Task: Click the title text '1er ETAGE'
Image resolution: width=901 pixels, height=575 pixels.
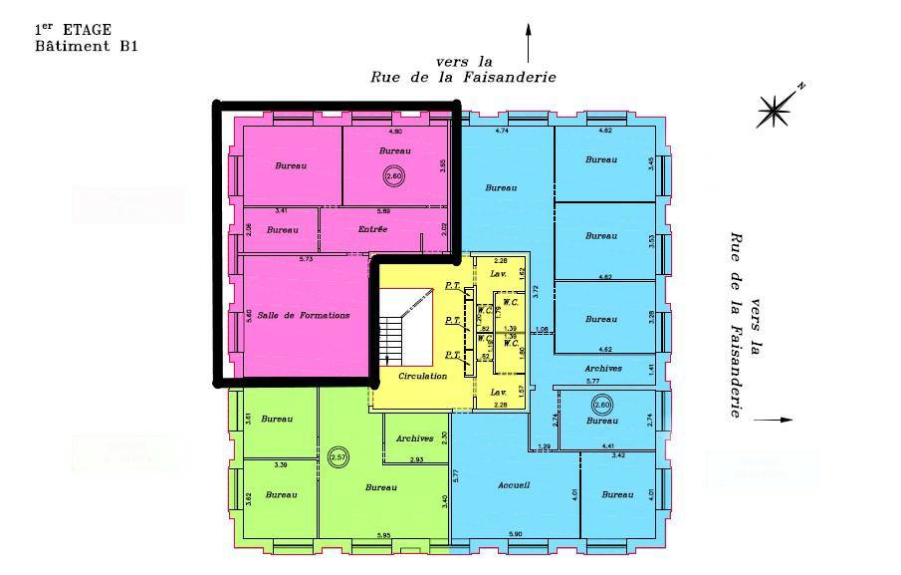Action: pyautogui.click(x=73, y=30)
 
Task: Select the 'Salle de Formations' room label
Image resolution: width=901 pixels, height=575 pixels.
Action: pyautogui.click(x=304, y=315)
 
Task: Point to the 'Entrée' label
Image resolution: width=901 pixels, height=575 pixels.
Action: pyautogui.click(x=372, y=229)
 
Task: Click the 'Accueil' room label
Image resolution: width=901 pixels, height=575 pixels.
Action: pyautogui.click(x=513, y=485)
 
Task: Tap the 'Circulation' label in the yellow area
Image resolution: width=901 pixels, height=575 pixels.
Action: pyautogui.click(x=422, y=377)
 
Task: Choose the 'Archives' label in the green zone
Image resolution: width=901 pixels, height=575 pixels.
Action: pyautogui.click(x=413, y=438)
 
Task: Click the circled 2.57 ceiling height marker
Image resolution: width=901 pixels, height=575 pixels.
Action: pyautogui.click(x=338, y=456)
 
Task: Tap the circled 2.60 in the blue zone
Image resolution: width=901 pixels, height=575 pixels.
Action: pyautogui.click(x=601, y=405)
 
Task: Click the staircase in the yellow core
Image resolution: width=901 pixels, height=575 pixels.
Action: pyautogui.click(x=403, y=328)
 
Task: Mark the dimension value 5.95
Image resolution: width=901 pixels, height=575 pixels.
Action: pyautogui.click(x=383, y=536)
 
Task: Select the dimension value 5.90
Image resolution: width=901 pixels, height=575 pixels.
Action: pyautogui.click(x=515, y=536)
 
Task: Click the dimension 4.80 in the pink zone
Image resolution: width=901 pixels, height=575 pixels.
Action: pyautogui.click(x=395, y=132)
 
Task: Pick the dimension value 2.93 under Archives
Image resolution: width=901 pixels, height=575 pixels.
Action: pyautogui.click(x=416, y=459)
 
